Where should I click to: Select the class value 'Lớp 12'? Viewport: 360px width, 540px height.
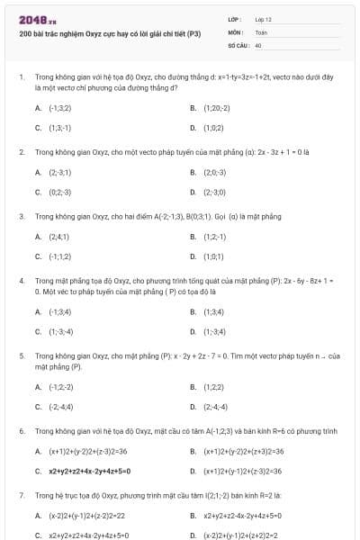point(263,19)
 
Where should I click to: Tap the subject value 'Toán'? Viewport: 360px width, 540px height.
point(261,31)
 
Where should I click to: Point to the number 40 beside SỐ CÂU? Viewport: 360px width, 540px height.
point(258,44)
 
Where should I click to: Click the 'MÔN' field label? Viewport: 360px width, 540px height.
point(235,31)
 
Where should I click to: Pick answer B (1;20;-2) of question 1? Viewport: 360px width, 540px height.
point(217,107)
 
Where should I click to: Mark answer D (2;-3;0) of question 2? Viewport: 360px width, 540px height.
point(215,192)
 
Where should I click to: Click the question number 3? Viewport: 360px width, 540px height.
point(22,217)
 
